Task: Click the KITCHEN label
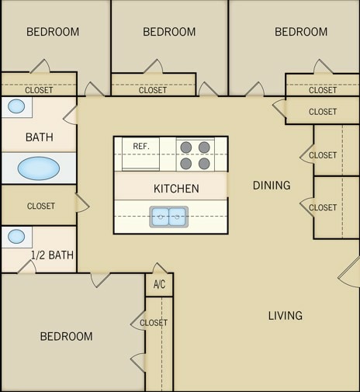pos(176,189)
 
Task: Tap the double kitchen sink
pos(168,217)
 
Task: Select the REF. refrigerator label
pos(140,146)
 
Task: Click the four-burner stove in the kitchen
pos(195,154)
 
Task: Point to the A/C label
pos(159,284)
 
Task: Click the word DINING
pos(272,186)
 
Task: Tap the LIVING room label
pos(285,316)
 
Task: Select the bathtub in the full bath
pos(38,168)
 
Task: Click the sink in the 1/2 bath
pos(16,236)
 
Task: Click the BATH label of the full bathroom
pos(40,137)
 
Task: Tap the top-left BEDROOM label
pos(53,32)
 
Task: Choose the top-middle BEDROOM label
pos(169,32)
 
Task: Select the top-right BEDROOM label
pos(301,32)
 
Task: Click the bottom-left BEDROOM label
pos(66,336)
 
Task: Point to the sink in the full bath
pos(16,106)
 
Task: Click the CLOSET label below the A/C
pos(154,323)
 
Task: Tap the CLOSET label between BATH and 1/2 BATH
pos(40,206)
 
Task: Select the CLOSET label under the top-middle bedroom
pos(153,90)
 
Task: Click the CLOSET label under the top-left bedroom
pos(39,90)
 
